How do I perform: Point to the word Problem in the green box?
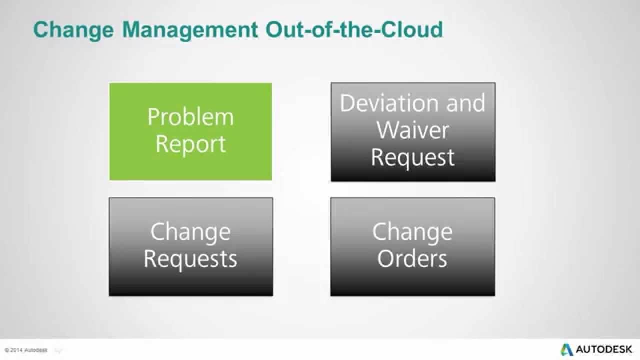(190, 117)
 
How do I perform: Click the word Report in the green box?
(190, 144)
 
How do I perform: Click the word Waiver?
(413, 130)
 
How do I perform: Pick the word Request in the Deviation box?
(413, 157)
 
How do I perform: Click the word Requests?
(190, 259)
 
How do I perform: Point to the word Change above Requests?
(190, 232)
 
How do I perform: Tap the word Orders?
(412, 259)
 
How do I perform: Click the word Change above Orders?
(412, 232)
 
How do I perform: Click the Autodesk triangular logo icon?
(566, 349)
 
